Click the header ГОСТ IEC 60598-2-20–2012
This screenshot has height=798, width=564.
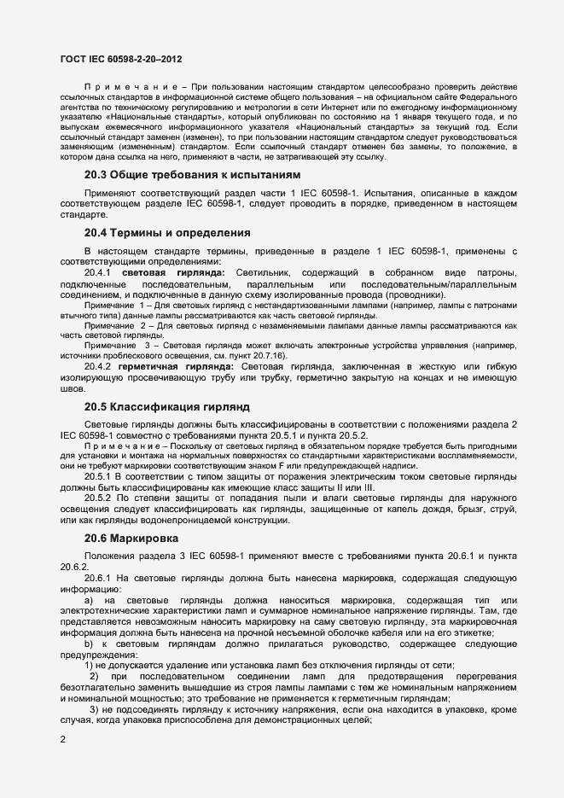click(x=121, y=61)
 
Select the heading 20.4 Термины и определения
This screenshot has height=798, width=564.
click(x=166, y=232)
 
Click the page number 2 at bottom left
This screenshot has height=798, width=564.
click(x=62, y=739)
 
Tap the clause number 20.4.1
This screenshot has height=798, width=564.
click(x=99, y=272)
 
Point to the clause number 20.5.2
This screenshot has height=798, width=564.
click(x=99, y=495)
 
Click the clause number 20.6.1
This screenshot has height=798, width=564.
click(x=99, y=578)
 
